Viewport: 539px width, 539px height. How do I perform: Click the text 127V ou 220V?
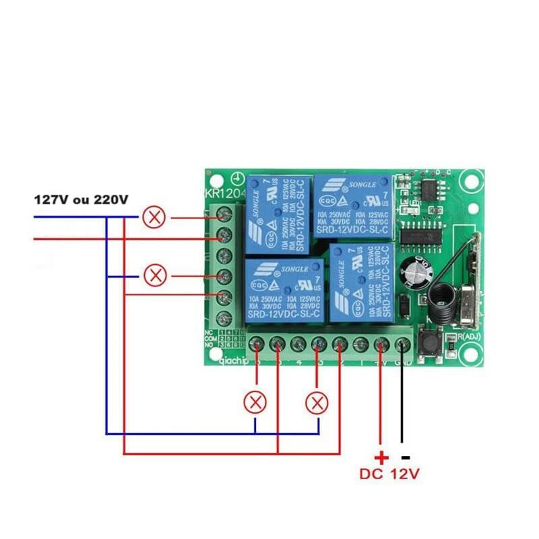(81, 200)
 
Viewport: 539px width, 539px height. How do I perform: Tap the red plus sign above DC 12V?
(381, 457)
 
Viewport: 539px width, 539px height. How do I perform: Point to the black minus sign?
(406, 456)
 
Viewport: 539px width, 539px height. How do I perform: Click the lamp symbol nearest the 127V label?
(155, 218)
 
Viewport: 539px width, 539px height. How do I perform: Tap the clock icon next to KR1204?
(236, 179)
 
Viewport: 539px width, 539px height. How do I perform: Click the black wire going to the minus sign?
(402, 398)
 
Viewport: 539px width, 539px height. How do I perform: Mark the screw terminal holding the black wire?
(402, 345)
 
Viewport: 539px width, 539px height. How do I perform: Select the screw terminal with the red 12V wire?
(381, 345)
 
